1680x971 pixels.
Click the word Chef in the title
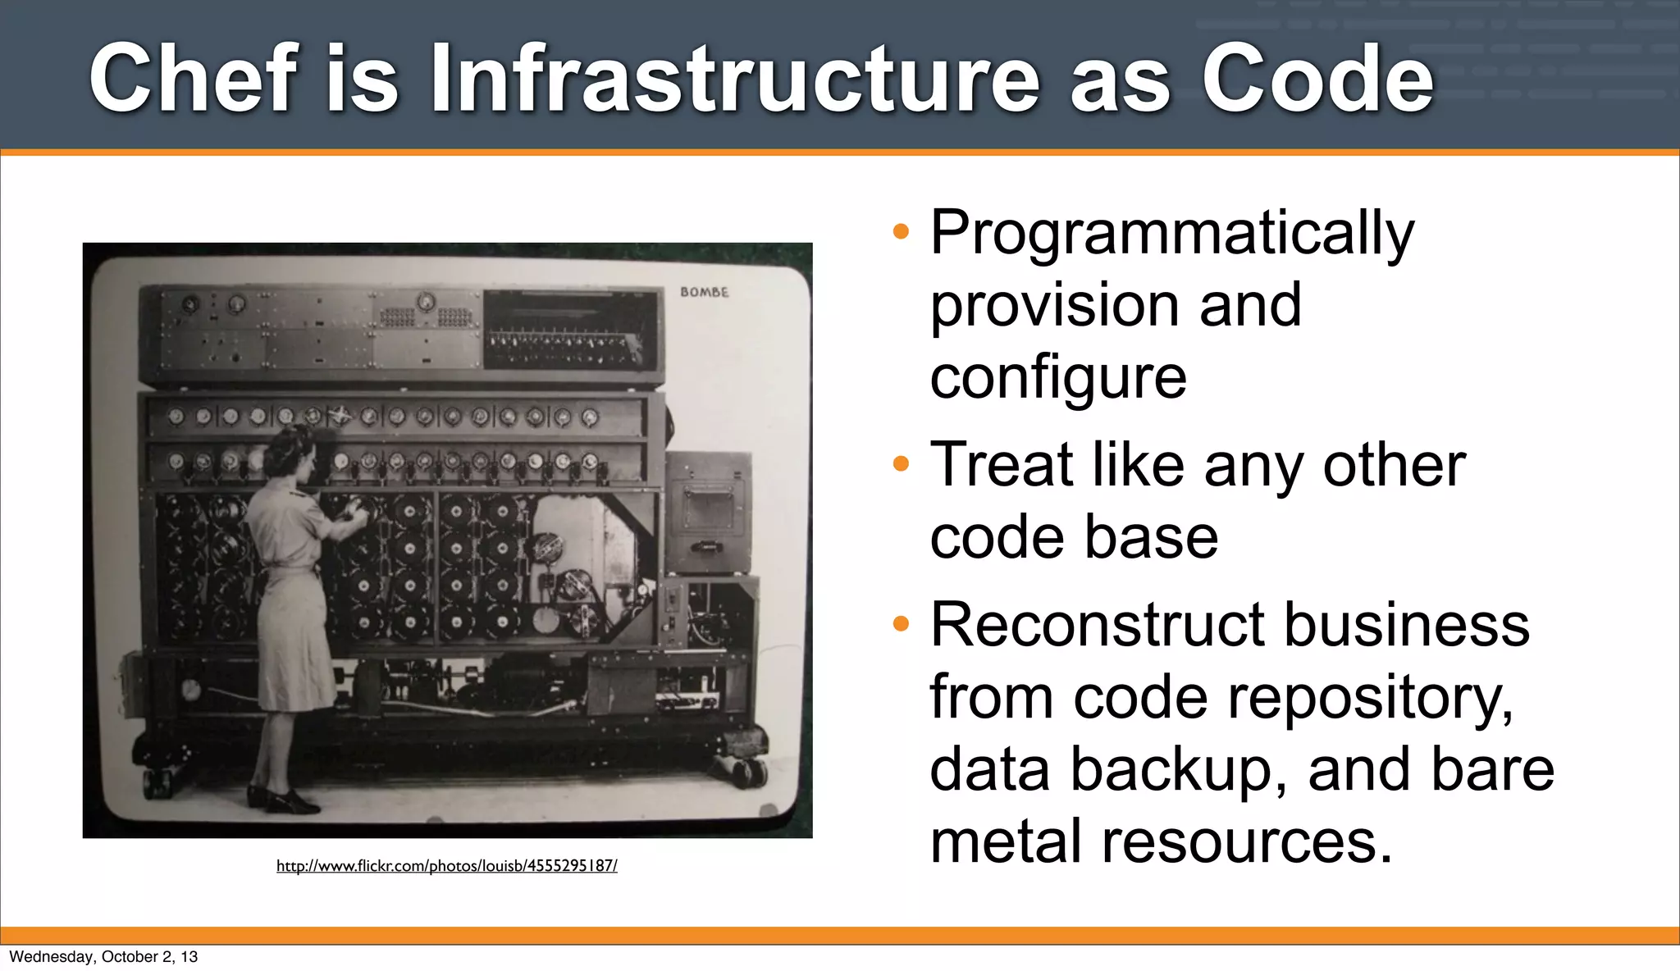tap(191, 79)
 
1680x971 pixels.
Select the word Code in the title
tap(1317, 79)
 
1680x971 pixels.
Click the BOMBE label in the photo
tap(704, 292)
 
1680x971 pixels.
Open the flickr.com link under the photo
tap(446, 865)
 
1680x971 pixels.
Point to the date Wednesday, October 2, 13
tap(103, 956)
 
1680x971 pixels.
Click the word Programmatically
tap(1171, 235)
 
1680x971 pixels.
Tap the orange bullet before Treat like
tap(901, 464)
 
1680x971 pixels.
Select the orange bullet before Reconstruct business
tap(901, 624)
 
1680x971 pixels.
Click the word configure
tap(1058, 379)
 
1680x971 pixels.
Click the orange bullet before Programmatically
tap(901, 231)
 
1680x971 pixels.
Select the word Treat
tap(1001, 465)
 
